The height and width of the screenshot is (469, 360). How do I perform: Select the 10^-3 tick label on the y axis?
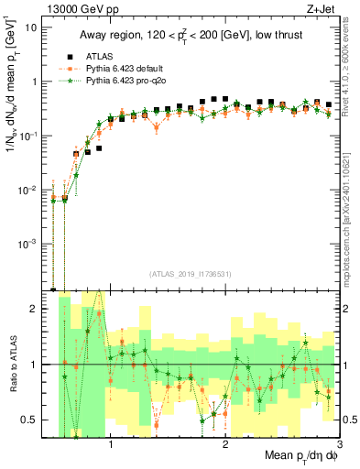tap(30, 244)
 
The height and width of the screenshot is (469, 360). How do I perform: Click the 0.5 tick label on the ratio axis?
tap(33, 420)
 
